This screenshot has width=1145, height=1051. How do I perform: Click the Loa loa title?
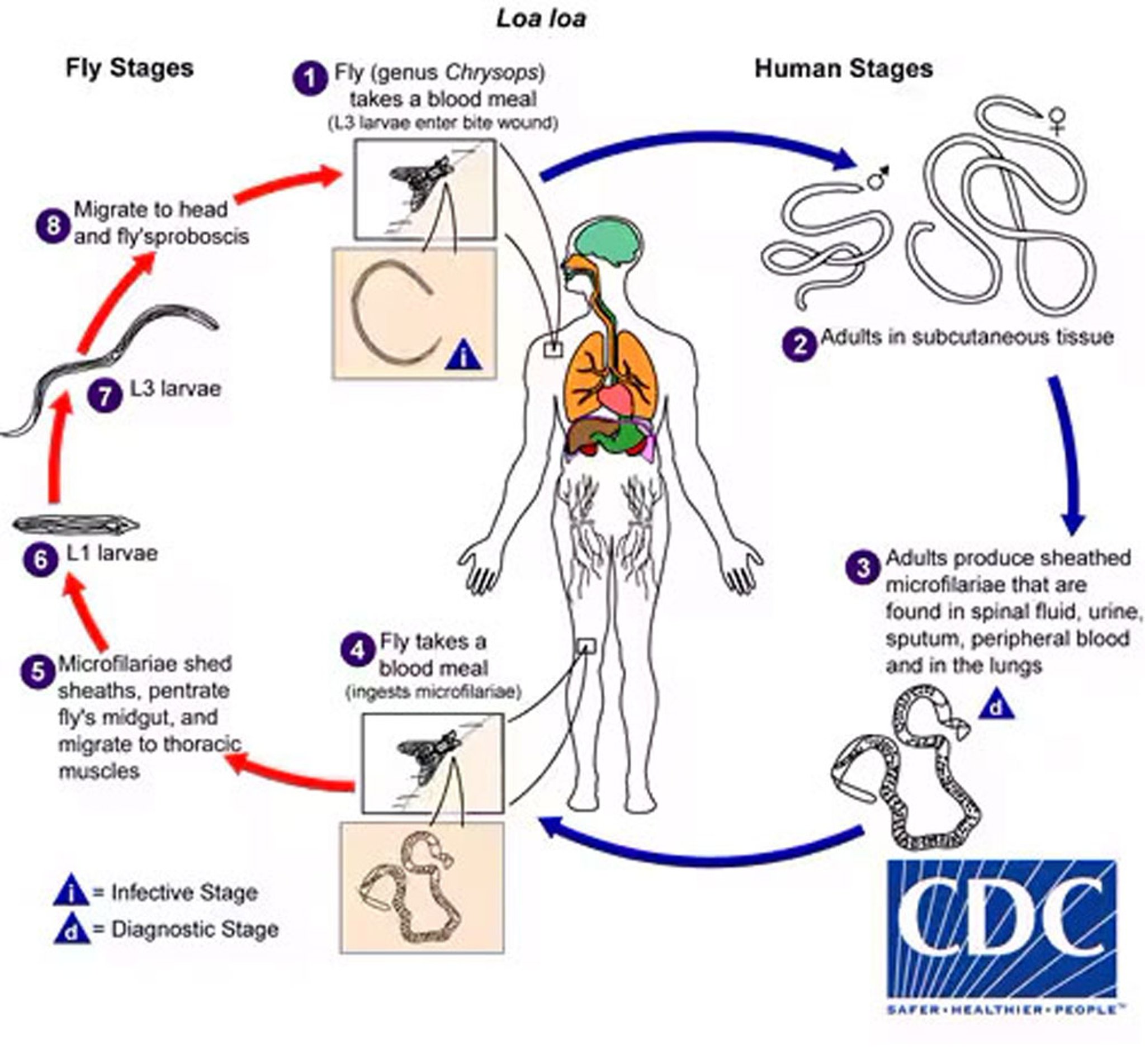click(541, 19)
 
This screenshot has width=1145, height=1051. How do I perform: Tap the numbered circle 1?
click(309, 78)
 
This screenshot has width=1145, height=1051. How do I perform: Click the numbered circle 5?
click(37, 671)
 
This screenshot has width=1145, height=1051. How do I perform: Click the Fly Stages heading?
click(130, 68)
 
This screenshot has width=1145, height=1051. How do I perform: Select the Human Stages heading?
click(844, 69)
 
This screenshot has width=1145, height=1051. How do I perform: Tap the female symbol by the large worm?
click(1057, 121)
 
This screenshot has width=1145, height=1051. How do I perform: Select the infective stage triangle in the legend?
click(70, 892)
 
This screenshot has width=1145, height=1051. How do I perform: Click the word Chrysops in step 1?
click(491, 73)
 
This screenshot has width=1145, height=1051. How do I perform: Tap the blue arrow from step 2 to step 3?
click(1067, 455)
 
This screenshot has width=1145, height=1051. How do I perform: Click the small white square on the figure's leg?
click(586, 646)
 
